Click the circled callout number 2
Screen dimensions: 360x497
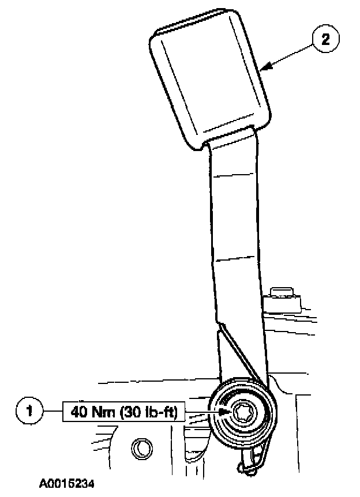[325, 40]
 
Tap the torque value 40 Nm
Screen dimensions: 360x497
[93, 413]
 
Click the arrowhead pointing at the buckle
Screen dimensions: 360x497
[264, 69]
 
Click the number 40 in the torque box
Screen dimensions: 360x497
[78, 413]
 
